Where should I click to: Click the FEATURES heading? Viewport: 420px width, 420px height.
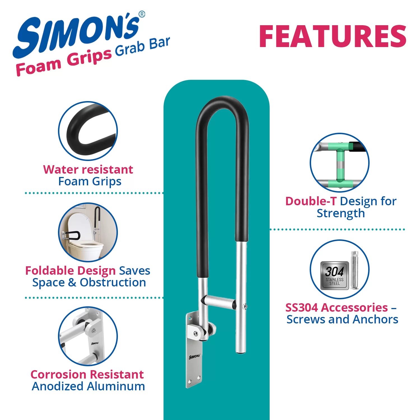tap(333, 36)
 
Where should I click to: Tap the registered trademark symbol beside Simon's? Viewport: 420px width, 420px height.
tap(142, 14)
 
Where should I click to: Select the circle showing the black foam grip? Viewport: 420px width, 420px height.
tap(88, 131)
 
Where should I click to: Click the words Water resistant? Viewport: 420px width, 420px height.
tap(88, 169)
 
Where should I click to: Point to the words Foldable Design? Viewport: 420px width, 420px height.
tap(70, 270)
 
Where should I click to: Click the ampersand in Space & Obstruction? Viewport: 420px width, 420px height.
tap(72, 282)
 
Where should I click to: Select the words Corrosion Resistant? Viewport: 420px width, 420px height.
tap(87, 374)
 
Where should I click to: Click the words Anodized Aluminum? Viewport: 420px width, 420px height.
tap(88, 386)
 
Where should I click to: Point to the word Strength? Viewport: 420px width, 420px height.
tap(341, 213)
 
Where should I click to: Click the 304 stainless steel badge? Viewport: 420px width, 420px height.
tap(335, 276)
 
